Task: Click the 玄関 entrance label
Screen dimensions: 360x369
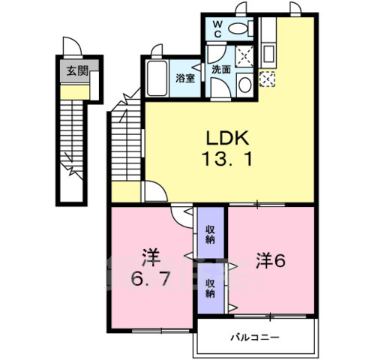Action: [72, 72]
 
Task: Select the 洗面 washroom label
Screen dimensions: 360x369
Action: [221, 69]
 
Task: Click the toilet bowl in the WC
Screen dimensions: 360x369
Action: [238, 29]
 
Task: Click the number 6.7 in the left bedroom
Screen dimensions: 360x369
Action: [152, 269]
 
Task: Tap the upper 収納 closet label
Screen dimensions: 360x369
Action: [210, 234]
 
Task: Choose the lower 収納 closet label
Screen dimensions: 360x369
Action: [210, 289]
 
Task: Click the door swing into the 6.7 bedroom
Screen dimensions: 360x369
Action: [182, 214]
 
